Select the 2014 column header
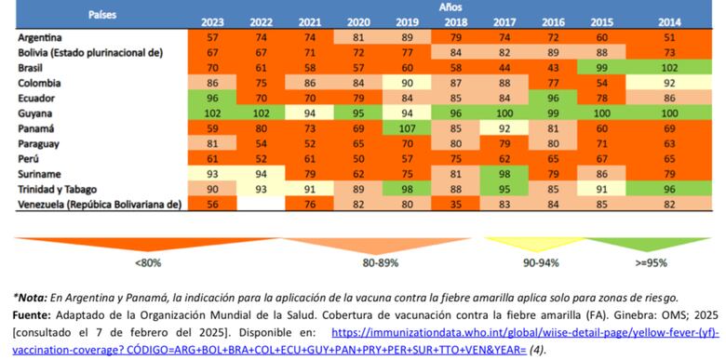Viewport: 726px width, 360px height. click(x=668, y=21)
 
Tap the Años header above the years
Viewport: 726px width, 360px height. click(x=448, y=7)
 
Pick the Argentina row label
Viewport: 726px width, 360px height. click(x=40, y=37)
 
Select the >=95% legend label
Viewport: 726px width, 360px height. click(x=652, y=263)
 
